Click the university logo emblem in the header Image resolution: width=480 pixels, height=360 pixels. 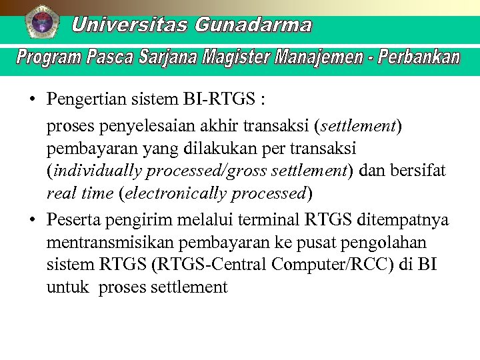click(x=43, y=22)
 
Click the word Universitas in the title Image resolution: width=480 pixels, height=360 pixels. click(x=130, y=25)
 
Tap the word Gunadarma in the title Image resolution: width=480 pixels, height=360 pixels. click(x=253, y=25)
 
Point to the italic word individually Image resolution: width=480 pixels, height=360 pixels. click(x=97, y=171)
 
